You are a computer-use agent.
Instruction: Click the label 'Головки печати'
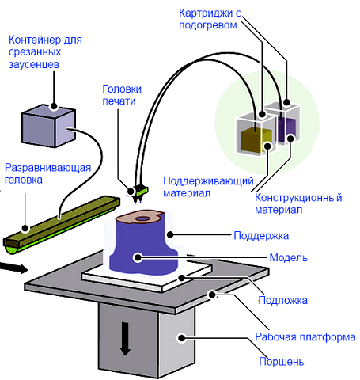(x=122, y=95)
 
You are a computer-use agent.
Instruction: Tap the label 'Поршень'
(x=281, y=361)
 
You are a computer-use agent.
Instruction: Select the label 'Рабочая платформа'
(x=305, y=337)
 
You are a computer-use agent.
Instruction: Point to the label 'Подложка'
(x=282, y=300)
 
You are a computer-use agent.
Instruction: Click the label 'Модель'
(x=288, y=257)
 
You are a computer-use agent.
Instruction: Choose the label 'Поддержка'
(x=261, y=235)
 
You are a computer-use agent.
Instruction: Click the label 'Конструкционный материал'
(x=298, y=203)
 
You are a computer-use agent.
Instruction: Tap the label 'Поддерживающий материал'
(x=208, y=187)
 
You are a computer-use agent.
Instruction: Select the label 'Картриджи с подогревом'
(x=210, y=19)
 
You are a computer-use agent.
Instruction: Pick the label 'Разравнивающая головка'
(x=47, y=173)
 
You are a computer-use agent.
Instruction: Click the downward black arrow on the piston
(x=125, y=339)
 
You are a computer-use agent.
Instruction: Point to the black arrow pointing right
(x=13, y=268)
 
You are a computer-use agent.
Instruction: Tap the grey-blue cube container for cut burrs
(x=49, y=126)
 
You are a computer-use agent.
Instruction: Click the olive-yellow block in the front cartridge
(x=256, y=140)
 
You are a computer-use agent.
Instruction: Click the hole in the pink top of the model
(x=142, y=218)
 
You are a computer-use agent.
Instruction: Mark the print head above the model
(x=139, y=193)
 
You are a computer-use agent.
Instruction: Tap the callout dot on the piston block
(x=182, y=338)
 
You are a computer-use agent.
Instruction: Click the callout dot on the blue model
(x=138, y=257)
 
